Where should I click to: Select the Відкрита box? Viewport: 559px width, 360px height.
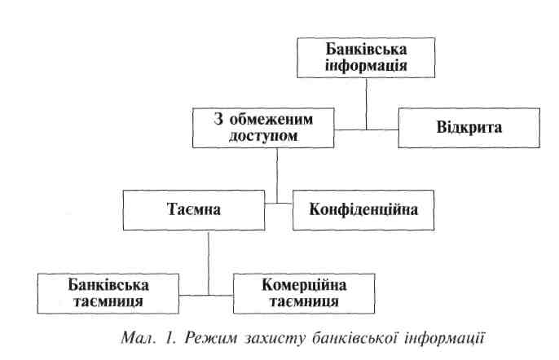coord(469,128)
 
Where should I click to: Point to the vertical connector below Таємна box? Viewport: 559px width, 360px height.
coord(209,261)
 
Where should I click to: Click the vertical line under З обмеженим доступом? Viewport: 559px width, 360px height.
coord(277,175)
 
